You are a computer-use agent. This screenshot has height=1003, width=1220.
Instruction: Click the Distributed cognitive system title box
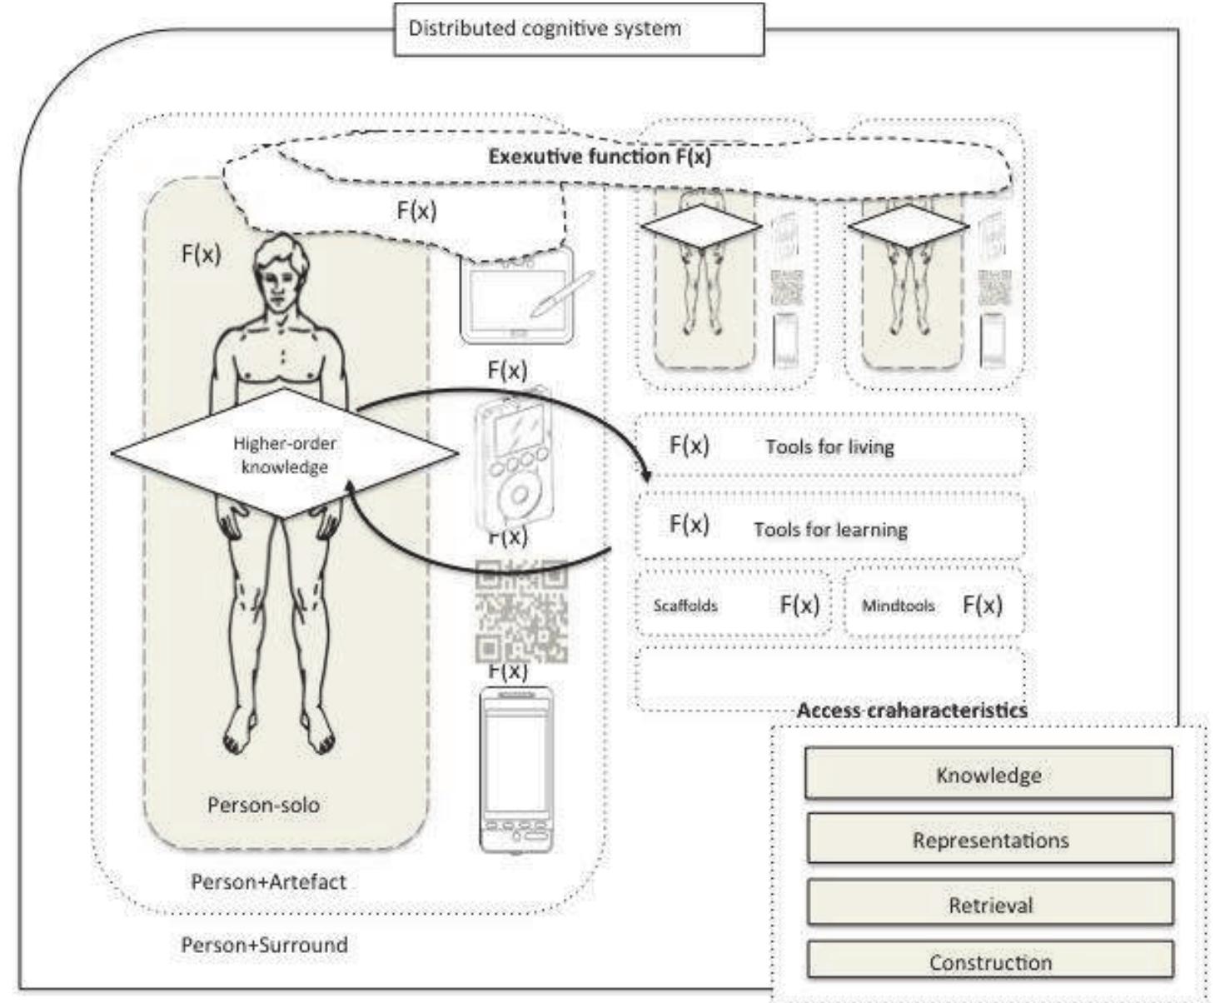(x=578, y=29)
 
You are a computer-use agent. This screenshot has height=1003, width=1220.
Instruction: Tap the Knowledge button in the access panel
(x=988, y=775)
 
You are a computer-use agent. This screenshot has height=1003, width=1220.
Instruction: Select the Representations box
(x=989, y=840)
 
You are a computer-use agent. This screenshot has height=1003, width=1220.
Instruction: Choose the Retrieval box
(x=989, y=905)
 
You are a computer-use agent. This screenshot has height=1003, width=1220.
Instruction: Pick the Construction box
(x=989, y=962)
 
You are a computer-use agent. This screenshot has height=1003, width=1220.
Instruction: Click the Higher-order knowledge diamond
(x=284, y=455)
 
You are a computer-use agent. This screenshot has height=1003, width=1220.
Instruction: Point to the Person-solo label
(x=263, y=805)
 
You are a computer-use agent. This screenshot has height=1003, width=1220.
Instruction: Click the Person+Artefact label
(x=268, y=881)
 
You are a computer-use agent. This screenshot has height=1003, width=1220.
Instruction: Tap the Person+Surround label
(x=264, y=945)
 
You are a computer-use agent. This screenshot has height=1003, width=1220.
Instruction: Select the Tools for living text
(x=829, y=447)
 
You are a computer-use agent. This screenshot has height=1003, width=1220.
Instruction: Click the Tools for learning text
(x=830, y=530)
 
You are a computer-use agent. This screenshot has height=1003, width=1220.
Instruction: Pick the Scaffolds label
(x=685, y=606)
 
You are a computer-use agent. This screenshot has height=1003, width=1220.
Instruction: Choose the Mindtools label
(x=898, y=606)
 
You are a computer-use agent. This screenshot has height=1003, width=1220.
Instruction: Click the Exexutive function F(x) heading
(x=600, y=157)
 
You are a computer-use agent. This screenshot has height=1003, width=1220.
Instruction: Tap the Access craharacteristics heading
(x=912, y=711)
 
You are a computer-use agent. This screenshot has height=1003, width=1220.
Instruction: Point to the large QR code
(x=521, y=610)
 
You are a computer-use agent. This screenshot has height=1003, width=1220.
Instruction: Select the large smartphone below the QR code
(x=516, y=769)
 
